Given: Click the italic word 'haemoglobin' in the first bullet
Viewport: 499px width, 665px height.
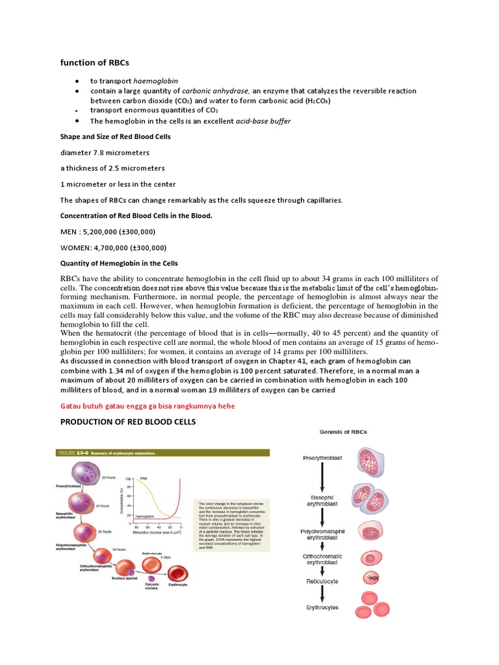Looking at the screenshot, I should [155, 81].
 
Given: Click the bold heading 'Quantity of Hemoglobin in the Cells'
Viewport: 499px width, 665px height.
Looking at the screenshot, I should [119, 263].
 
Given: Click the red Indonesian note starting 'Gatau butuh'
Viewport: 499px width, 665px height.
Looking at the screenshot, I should [147, 406].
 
